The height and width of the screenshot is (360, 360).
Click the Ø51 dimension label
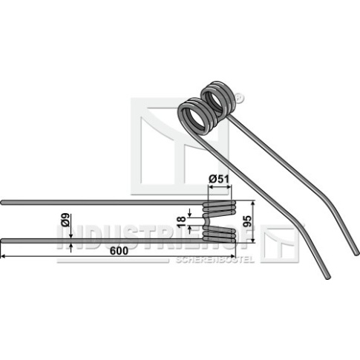point(219,179)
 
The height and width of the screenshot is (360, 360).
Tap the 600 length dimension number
point(120,251)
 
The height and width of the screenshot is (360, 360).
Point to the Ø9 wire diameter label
point(65,220)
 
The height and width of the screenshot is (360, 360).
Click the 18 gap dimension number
point(181,222)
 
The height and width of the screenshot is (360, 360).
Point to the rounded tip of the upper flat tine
point(2,203)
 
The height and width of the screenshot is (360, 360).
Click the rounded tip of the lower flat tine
point(2,240)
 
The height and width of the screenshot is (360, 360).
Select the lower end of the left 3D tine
point(327,277)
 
